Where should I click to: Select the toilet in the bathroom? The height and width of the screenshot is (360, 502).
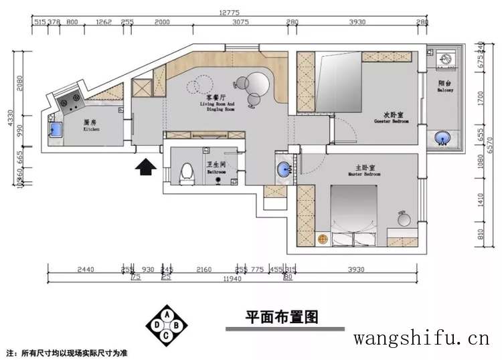[187, 172]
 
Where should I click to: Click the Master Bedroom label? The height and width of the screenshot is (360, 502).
[364, 170]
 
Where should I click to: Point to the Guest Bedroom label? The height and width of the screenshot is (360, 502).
[391, 117]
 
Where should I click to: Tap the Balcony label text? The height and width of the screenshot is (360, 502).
[445, 86]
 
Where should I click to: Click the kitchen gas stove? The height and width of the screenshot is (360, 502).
[70, 102]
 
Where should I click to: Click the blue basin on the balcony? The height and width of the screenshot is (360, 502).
[442, 139]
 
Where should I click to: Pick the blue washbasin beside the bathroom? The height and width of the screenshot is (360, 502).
[284, 168]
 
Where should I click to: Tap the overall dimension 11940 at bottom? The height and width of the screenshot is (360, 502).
[233, 278]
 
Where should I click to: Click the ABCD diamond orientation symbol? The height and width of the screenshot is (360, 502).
[167, 325]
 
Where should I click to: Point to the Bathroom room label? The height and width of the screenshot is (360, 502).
[216, 168]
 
